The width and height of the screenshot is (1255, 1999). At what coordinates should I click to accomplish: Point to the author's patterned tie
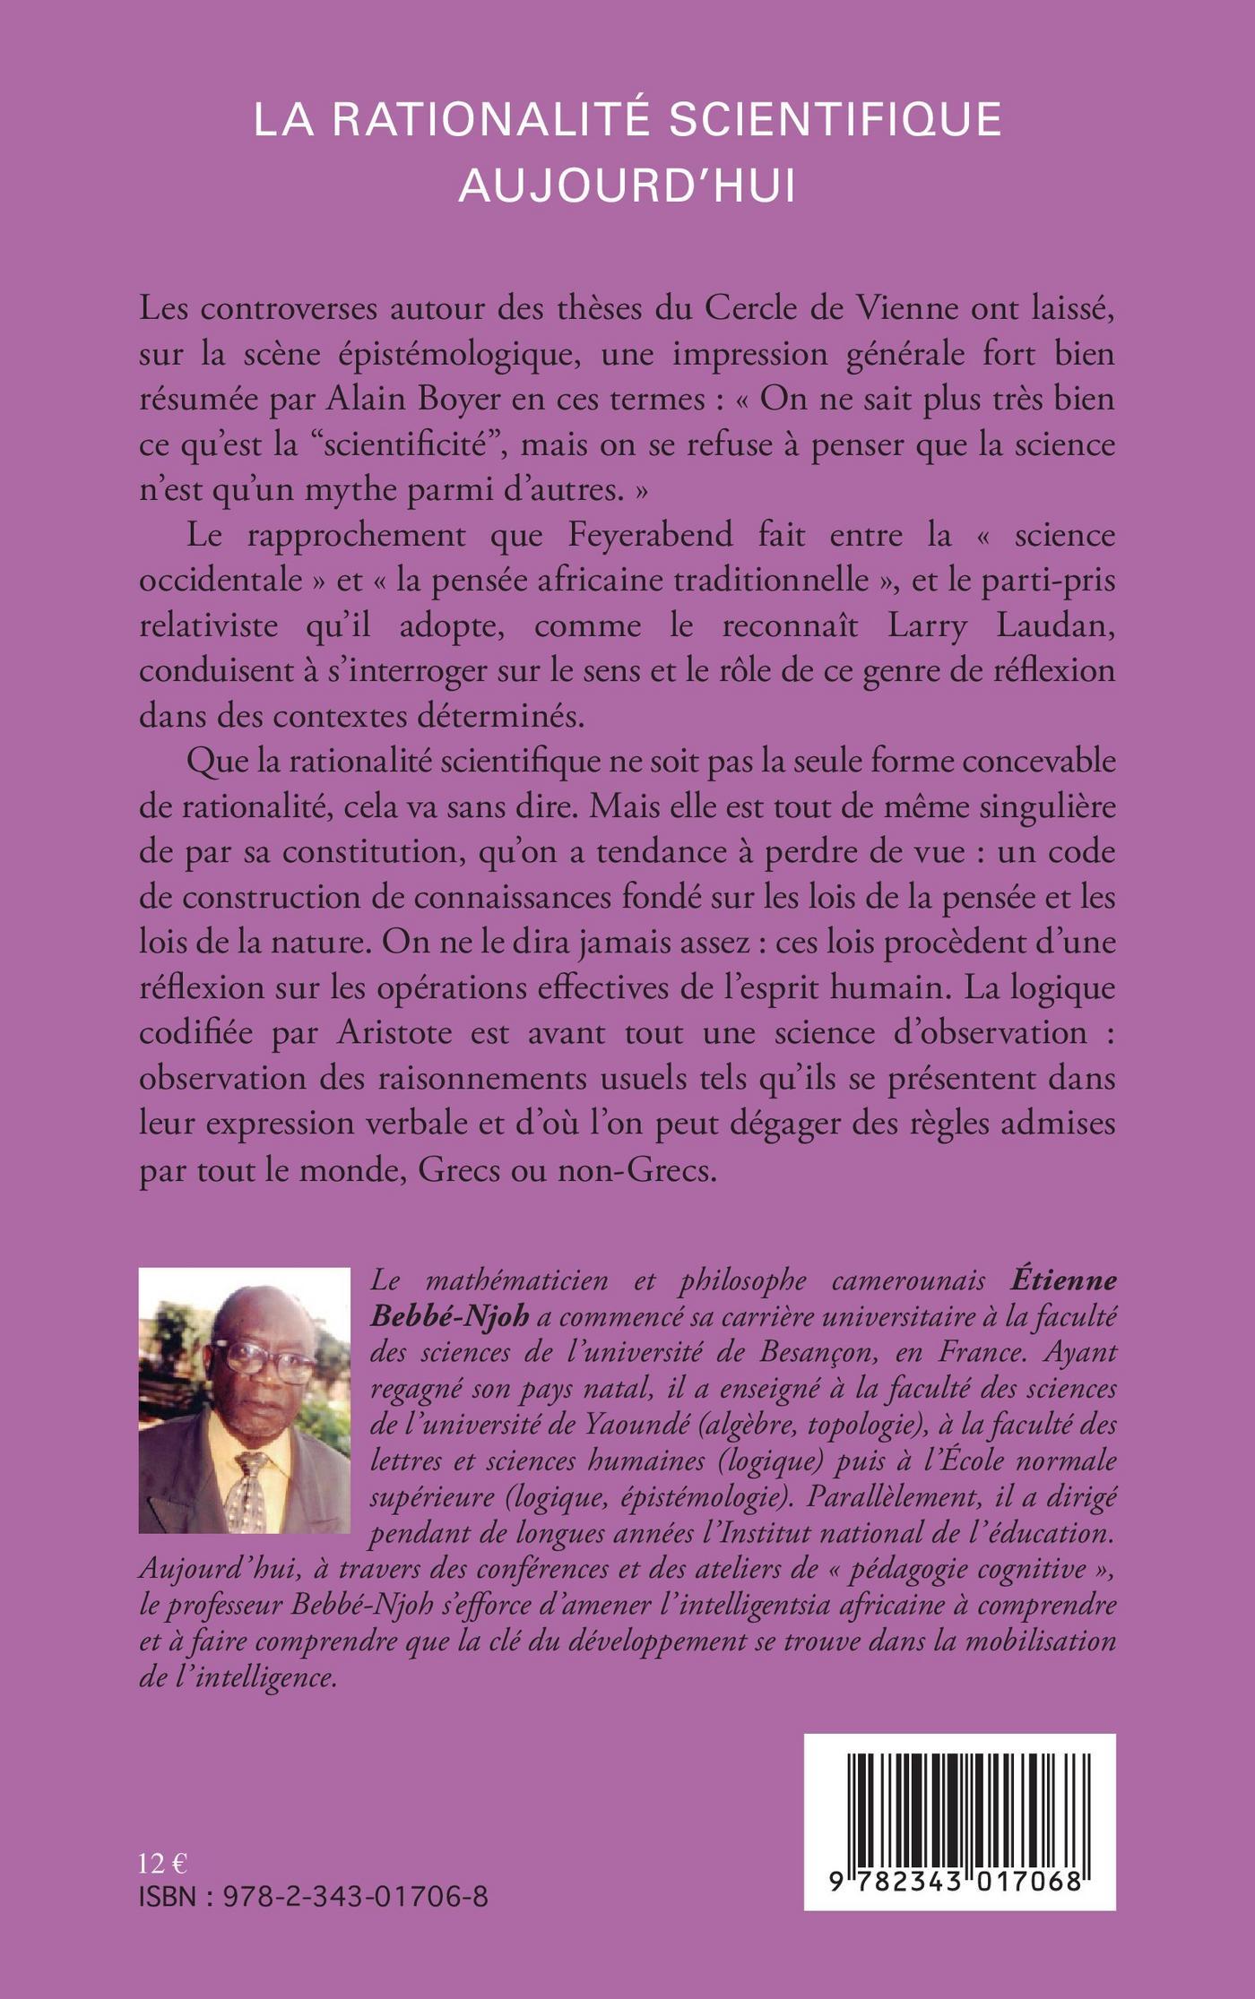click(x=251, y=1494)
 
